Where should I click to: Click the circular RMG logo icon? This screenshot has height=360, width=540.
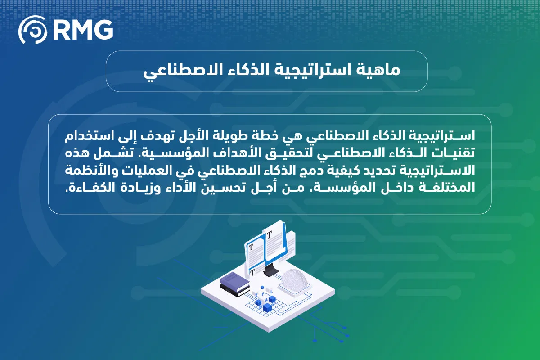coord(32,31)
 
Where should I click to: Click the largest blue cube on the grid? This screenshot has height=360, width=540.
coord(268,308)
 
